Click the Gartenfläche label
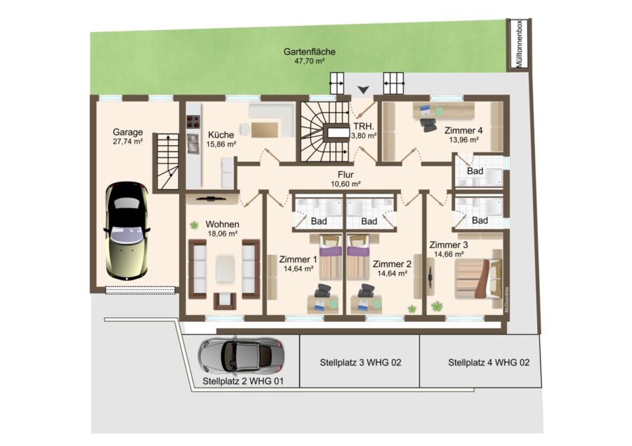(x=309, y=51)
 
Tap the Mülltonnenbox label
(x=519, y=43)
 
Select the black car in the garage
(x=126, y=231)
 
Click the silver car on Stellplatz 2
(x=241, y=356)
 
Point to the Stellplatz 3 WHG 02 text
(x=360, y=363)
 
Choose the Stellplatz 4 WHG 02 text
(x=489, y=363)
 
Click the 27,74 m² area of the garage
(x=128, y=141)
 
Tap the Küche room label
(x=221, y=135)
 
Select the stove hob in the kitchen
(x=193, y=121)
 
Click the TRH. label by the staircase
(x=364, y=126)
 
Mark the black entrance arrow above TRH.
(x=363, y=90)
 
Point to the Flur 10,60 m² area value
(x=345, y=184)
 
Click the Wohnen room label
(x=222, y=224)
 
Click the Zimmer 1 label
(x=298, y=259)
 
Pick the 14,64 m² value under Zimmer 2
(x=392, y=273)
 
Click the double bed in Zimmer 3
(x=478, y=279)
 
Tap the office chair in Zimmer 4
(x=428, y=124)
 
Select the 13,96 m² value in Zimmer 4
(x=463, y=140)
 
